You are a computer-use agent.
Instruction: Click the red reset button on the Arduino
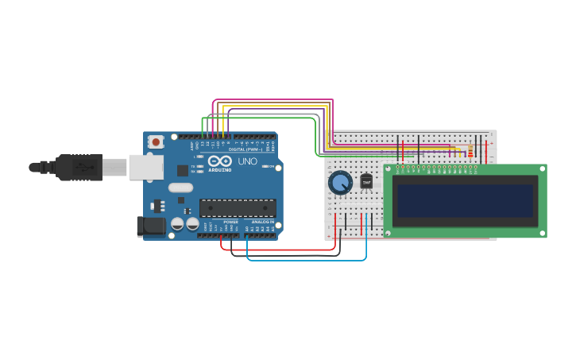[x=156, y=142]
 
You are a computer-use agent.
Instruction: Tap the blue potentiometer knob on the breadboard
[x=340, y=183]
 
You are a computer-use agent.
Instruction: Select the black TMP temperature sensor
[x=366, y=182]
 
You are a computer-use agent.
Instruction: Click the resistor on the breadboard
[x=470, y=150]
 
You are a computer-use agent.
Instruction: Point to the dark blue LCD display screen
[x=466, y=201]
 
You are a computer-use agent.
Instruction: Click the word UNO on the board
[x=248, y=161]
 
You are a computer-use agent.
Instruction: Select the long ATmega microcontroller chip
[x=238, y=207]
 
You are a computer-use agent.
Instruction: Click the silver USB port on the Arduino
[x=146, y=167]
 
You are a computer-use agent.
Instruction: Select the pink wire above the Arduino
[x=270, y=100]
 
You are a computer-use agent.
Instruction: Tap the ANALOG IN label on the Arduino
[x=262, y=222]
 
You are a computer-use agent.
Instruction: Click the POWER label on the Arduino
[x=230, y=222]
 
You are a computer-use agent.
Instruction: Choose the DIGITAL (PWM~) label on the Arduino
[x=248, y=149]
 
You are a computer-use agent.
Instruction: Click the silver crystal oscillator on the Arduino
[x=180, y=188]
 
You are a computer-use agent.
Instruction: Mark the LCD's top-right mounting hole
[x=543, y=168]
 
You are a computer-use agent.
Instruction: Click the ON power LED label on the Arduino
[x=271, y=166]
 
